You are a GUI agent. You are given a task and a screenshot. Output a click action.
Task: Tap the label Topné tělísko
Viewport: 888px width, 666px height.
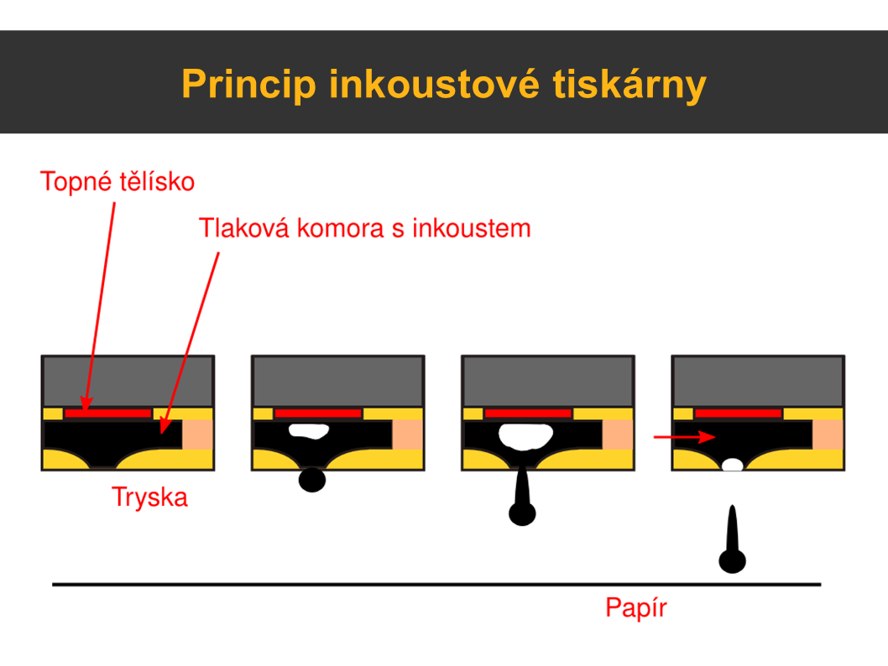[118, 181]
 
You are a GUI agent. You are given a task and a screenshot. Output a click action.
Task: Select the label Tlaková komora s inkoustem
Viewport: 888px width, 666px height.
[364, 227]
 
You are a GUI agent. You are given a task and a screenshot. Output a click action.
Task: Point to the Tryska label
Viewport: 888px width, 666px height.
[150, 497]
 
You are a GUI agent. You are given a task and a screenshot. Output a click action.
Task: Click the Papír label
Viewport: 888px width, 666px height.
[635, 607]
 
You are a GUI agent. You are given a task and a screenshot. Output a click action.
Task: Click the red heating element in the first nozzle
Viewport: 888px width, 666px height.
[108, 414]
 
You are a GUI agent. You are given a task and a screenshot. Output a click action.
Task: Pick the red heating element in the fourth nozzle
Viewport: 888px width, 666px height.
[739, 414]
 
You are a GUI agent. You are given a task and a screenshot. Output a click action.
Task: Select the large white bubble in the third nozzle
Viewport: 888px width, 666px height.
[525, 435]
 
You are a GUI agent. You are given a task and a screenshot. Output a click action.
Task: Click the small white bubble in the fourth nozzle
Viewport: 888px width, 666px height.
[733, 465]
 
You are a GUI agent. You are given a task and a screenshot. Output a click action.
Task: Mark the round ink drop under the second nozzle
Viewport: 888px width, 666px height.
[312, 480]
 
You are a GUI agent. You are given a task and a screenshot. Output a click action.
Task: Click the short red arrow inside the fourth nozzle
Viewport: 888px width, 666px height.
[683, 437]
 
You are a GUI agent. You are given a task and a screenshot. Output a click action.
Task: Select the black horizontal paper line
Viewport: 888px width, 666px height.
[436, 584]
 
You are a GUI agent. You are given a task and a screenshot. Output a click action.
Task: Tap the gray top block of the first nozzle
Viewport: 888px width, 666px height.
[128, 381]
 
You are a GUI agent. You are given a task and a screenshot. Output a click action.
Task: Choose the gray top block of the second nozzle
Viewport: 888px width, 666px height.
[337, 381]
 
